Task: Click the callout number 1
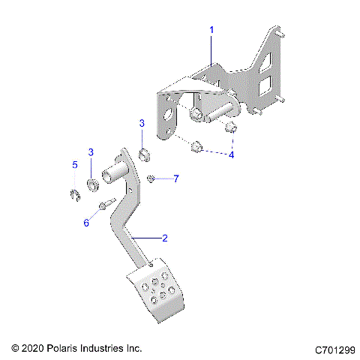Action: (x=212, y=30)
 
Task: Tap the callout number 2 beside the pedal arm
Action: (x=165, y=238)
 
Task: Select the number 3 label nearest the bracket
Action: (x=141, y=122)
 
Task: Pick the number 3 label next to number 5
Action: (x=91, y=152)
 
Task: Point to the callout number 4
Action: (x=231, y=154)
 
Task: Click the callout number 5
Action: (x=74, y=164)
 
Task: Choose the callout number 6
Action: (x=85, y=223)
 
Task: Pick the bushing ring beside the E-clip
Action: (x=91, y=184)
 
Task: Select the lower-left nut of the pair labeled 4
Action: (x=197, y=146)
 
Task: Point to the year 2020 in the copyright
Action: (x=34, y=349)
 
